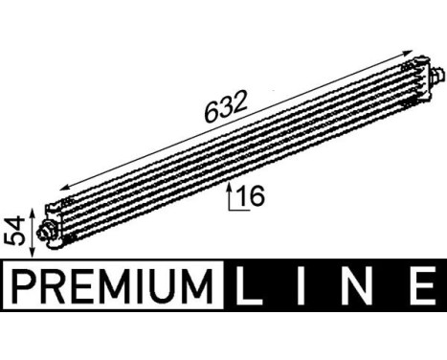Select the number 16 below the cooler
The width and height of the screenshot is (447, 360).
pos(251,197)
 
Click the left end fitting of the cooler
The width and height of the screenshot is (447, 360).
pos(46,229)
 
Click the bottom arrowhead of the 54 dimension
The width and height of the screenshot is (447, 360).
pos(34,254)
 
